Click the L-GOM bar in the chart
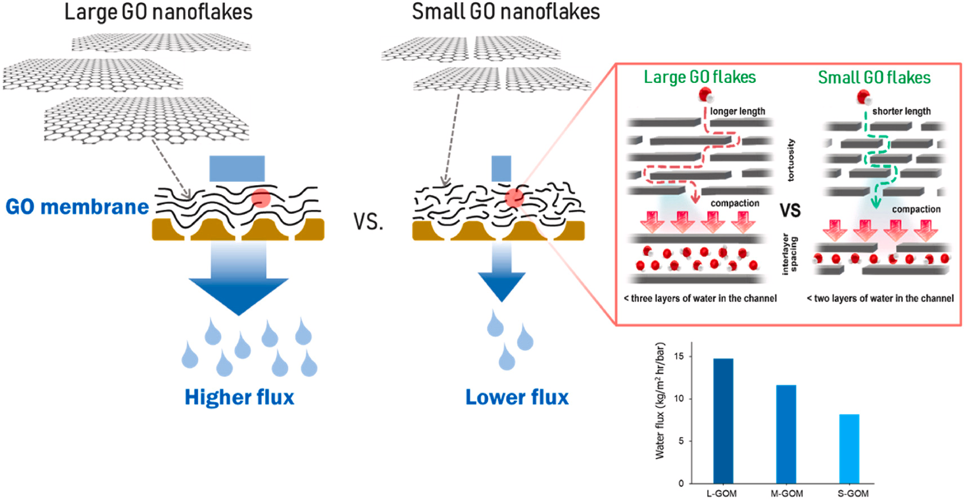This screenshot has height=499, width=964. pos(723,421)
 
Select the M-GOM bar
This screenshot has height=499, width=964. pos(786,434)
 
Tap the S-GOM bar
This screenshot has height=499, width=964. pos(849,448)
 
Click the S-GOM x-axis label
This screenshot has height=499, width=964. pos(853,493)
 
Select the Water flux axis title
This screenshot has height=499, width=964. pos(660,401)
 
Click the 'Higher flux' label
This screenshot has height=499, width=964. pos(239,397)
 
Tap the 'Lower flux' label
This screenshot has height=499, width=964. pos(517,397)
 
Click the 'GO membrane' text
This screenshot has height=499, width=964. pos(77,207)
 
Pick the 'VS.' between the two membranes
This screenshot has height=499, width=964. pos(368,222)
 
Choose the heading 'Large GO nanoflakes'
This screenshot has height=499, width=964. pos(158,12)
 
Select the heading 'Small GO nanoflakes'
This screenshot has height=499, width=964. pos(505,12)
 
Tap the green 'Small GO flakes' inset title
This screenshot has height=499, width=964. pos(874,78)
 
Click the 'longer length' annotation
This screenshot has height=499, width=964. pos(738,112)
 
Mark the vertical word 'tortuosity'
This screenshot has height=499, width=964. pos(791,160)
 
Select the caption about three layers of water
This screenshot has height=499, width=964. pos(700,298)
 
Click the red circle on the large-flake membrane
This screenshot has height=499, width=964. pos(260,198)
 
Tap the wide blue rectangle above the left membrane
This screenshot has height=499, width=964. pos(237,168)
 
